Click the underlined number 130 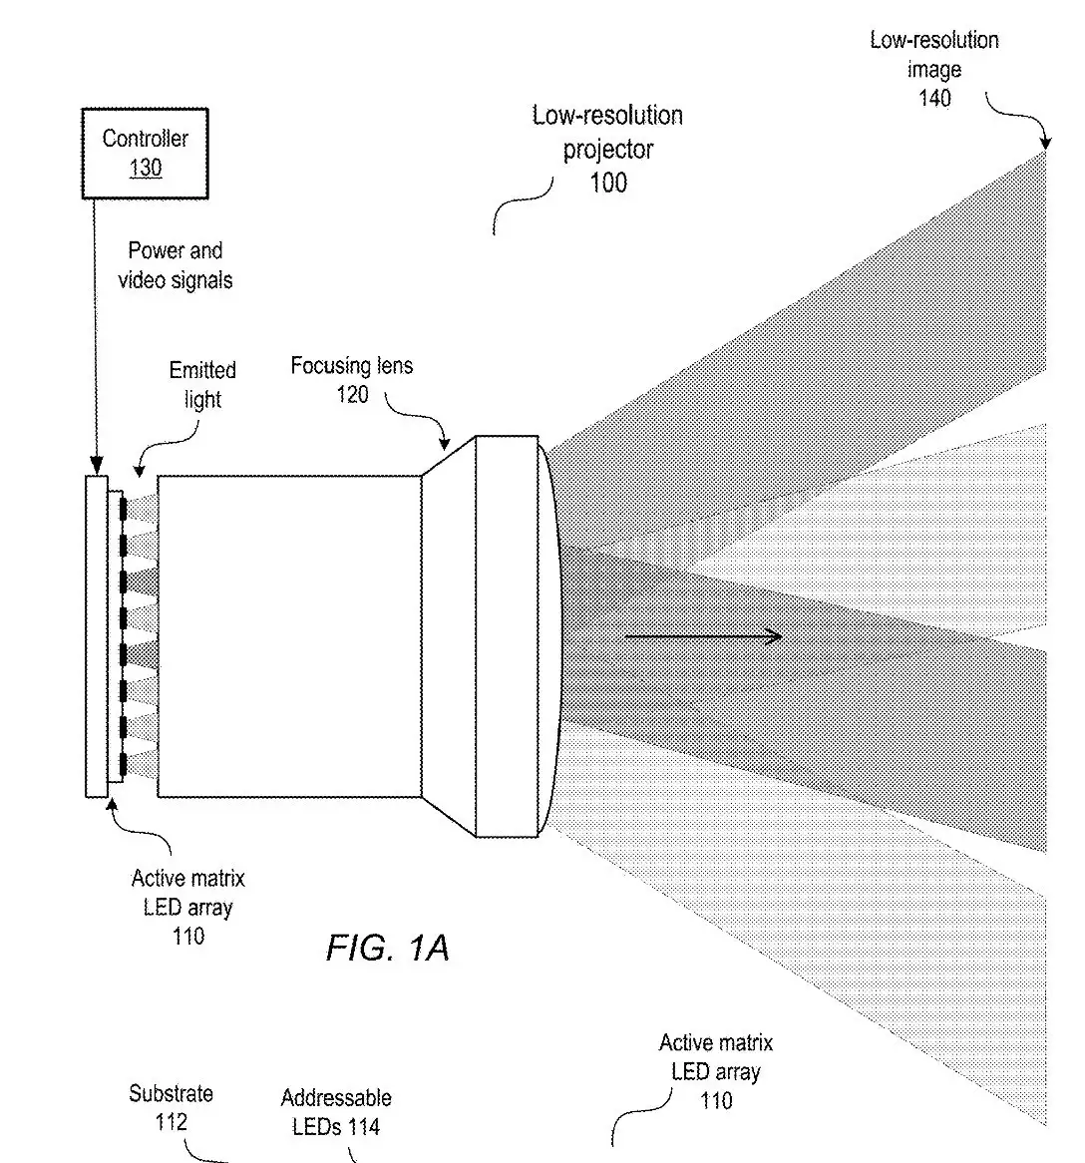click(146, 169)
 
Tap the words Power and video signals click(176, 265)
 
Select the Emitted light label click(202, 384)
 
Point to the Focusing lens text click(352, 366)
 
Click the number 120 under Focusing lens click(352, 394)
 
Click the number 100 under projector click(608, 183)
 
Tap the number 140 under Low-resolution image click(934, 98)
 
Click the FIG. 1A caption click(388, 948)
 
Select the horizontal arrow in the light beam click(703, 636)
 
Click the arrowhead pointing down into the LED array click(97, 465)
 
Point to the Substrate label click(171, 1093)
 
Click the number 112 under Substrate click(171, 1122)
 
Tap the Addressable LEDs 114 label click(336, 1112)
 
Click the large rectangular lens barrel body click(289, 636)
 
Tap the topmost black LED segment click(123, 510)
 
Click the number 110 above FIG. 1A click(188, 936)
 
